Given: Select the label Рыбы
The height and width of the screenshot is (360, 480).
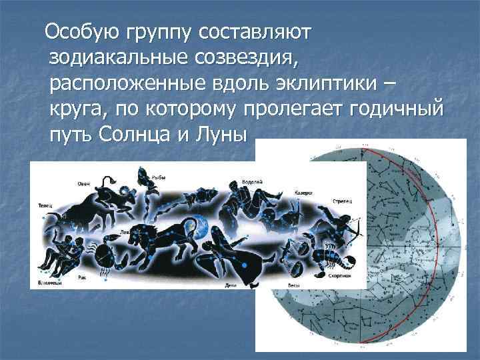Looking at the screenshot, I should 158,177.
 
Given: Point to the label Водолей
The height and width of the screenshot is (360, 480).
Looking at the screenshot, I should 253,180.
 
